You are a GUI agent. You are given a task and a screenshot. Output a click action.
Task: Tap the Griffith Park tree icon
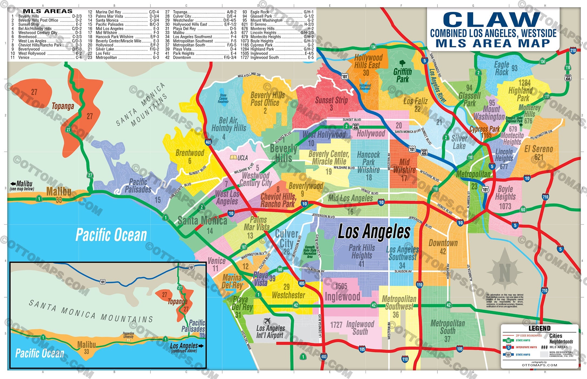click(403, 63)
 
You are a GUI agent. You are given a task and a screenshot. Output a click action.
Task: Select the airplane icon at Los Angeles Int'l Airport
click(267, 321)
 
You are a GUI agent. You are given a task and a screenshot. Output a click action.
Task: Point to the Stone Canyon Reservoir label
click(223, 99)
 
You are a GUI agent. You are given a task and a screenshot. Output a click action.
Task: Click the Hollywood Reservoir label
click(365, 87)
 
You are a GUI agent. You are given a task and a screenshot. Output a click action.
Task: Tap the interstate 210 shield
click(573, 50)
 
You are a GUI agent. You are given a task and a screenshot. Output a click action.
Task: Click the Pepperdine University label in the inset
click(128, 335)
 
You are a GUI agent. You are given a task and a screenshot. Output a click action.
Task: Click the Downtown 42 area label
click(443, 247)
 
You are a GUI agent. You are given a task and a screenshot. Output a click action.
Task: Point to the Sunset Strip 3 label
click(331, 104)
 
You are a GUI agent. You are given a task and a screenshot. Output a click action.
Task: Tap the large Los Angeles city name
click(374, 232)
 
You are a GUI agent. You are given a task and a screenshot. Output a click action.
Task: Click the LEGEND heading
click(539, 328)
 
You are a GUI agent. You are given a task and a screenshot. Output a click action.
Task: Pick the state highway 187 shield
click(244, 247)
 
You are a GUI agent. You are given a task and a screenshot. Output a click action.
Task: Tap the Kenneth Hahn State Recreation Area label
click(310, 252)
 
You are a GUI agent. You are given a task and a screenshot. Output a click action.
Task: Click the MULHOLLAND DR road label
click(249, 75)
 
